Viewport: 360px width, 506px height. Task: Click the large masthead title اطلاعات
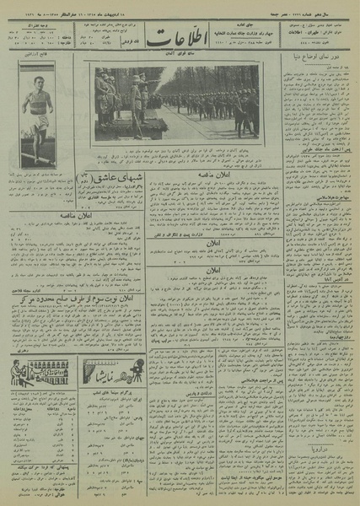[x=180, y=39]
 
